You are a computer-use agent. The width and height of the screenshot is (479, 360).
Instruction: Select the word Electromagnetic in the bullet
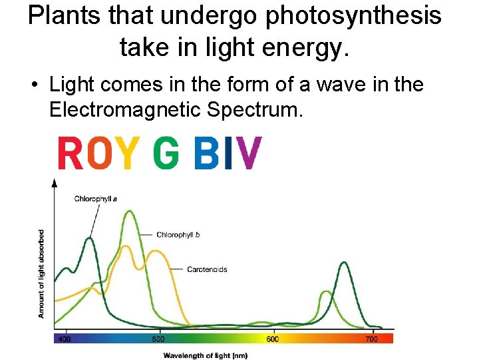coord(126,109)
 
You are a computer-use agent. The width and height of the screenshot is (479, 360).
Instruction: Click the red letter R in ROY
coord(69,153)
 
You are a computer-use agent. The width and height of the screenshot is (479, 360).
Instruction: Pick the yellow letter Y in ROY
coord(129,153)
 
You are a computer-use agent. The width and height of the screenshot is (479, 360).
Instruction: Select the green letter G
coord(166,153)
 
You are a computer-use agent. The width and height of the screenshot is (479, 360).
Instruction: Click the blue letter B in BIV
coord(206,153)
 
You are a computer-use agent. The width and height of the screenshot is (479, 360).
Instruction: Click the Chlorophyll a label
coord(96,199)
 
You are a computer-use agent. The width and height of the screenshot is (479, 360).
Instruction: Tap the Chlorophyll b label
coord(178,235)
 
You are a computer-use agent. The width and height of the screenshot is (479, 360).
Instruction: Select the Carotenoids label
coord(207,269)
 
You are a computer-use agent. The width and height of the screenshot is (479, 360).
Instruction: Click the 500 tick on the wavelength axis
coord(159,339)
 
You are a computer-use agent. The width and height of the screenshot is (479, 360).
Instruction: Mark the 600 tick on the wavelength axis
coord(273,339)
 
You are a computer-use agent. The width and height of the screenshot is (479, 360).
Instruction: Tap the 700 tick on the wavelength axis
coord(372,339)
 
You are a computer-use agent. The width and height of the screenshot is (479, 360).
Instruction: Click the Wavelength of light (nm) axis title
coord(206,355)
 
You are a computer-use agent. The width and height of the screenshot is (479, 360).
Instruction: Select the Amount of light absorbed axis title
coord(42,273)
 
